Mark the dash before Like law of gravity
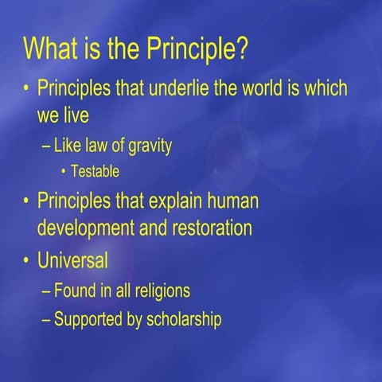pyautogui.click(x=46, y=148)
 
